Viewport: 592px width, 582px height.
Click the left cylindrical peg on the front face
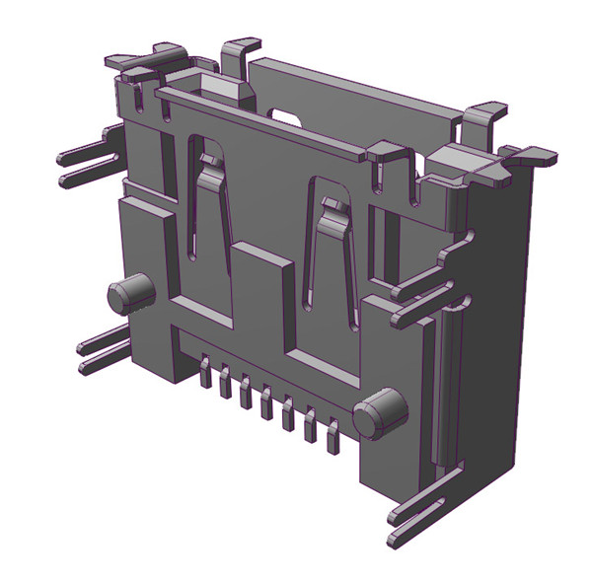coord(129,293)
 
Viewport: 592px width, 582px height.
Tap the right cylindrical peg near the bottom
coord(379,411)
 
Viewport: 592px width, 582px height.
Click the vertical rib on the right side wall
coord(445,385)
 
